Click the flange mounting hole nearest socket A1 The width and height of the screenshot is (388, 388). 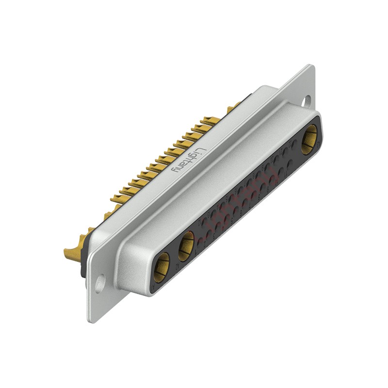(x=99, y=283)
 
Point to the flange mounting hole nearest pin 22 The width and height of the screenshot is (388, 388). (x=307, y=101)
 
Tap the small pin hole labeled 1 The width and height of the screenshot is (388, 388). (x=200, y=242)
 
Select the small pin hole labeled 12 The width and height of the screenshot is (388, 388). (x=204, y=222)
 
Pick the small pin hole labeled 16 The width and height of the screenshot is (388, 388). (x=240, y=190)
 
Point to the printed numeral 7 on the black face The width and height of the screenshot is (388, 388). (x=249, y=206)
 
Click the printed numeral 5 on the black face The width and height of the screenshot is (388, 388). (x=232, y=221)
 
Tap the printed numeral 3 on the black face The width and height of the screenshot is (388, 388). (x=214, y=236)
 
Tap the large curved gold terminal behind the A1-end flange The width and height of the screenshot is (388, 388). (x=73, y=252)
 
